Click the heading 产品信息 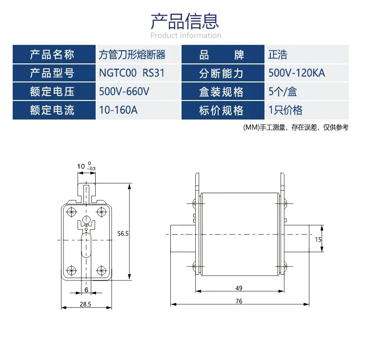[184, 21]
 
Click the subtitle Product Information [185, 36]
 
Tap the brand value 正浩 [278, 55]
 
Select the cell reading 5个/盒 [283, 91]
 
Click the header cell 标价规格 [221, 110]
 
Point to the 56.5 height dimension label [123, 234]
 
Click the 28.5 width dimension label [85, 304]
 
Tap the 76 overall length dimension [239, 301]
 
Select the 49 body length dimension [239, 288]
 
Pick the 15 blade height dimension [318, 240]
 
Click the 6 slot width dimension [86, 290]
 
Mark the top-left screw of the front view [71, 212]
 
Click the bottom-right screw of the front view [102, 270]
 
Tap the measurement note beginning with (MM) [296, 127]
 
